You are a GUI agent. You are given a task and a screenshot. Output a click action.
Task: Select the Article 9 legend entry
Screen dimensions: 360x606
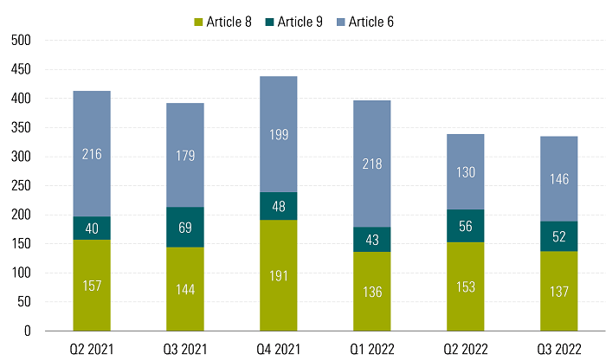tap(293, 21)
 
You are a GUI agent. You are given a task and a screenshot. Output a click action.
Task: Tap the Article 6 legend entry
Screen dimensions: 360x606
tap(364, 21)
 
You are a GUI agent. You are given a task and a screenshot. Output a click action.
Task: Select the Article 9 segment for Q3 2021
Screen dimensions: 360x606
tap(184, 227)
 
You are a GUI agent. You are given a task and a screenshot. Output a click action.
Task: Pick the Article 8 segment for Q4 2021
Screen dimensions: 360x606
tap(278, 275)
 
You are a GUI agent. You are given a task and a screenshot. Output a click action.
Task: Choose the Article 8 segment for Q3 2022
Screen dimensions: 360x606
tap(558, 291)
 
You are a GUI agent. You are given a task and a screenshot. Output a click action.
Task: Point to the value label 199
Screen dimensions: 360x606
tap(278, 135)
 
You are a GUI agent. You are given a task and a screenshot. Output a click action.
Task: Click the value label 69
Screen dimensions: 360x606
tap(184, 228)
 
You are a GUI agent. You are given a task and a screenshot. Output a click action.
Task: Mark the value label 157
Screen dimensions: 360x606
tap(91, 286)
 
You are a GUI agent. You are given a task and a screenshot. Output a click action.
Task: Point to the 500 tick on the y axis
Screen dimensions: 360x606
tap(21, 40)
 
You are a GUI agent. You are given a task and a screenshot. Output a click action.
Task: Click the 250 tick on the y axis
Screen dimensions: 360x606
tap(21, 185)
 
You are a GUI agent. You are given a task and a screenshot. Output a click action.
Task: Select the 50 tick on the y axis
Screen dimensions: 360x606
tap(24, 302)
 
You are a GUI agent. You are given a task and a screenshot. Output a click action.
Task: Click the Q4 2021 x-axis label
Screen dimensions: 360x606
tap(278, 347)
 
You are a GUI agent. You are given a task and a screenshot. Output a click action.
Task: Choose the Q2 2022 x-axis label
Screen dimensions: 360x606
tap(465, 347)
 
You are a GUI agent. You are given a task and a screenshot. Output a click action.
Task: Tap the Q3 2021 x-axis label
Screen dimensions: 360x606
tap(184, 347)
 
